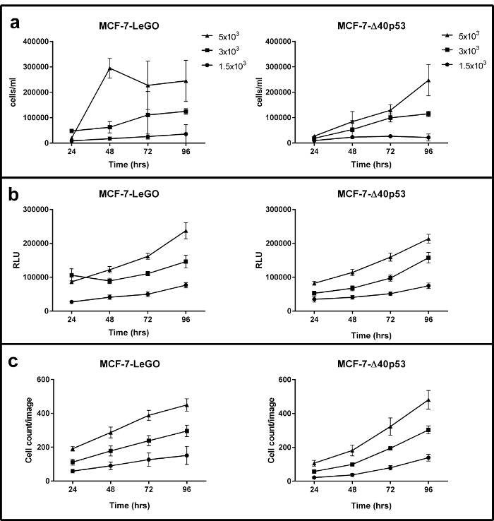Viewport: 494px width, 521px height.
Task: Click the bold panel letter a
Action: (14, 23)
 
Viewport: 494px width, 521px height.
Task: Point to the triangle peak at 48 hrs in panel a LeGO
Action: (110, 68)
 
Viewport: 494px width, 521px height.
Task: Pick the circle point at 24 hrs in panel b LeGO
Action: (72, 301)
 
